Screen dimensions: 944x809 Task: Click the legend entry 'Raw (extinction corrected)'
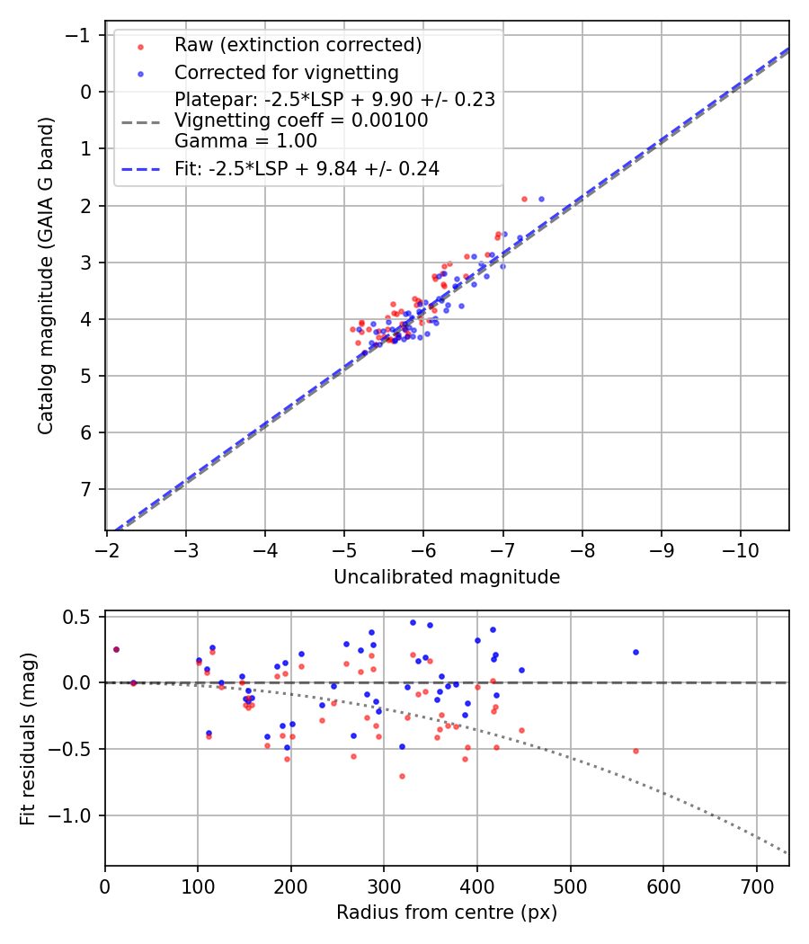pyautogui.click(x=298, y=45)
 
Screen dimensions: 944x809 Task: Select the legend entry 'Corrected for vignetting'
pyautogui.click(x=287, y=72)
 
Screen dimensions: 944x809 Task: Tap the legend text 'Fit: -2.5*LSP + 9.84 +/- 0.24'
pyautogui.click(x=307, y=169)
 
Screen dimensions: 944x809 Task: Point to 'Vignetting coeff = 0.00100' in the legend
pyautogui.click(x=301, y=120)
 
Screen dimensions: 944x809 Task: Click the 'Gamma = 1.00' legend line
pyautogui.click(x=245, y=140)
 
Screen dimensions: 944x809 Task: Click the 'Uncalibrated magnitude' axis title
pyautogui.click(x=447, y=577)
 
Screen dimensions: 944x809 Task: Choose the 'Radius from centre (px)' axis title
pyautogui.click(x=447, y=913)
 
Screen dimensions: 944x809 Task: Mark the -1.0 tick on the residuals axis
pyautogui.click(x=76, y=815)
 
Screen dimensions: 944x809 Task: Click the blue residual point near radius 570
pyautogui.click(x=636, y=652)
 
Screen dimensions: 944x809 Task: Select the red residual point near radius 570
pyautogui.click(x=636, y=751)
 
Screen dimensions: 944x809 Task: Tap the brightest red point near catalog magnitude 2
pyautogui.click(x=524, y=199)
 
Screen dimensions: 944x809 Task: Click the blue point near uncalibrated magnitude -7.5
pyautogui.click(x=541, y=199)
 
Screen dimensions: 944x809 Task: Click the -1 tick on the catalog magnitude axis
pyautogui.click(x=82, y=35)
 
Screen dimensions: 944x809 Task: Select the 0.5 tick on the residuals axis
pyautogui.click(x=80, y=617)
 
